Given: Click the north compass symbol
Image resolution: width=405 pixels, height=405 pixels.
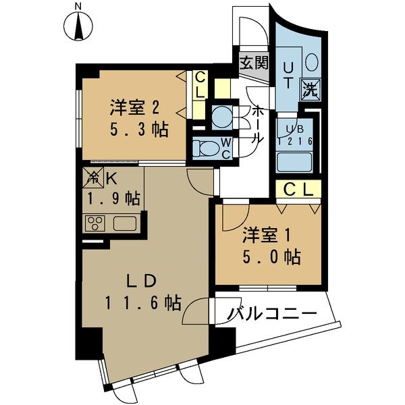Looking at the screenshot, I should (78, 26).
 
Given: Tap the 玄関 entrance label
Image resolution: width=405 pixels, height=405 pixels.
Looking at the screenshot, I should (253, 65).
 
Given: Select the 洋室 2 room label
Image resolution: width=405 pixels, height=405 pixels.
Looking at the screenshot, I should (135, 107).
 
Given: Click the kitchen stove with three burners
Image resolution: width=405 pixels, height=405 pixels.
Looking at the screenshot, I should (94, 223).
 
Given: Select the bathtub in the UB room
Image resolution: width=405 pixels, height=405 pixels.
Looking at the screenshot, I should (294, 161).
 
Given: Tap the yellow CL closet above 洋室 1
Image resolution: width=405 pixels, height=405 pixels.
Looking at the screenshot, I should (297, 190).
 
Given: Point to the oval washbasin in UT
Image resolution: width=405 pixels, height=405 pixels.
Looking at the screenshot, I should (311, 62).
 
